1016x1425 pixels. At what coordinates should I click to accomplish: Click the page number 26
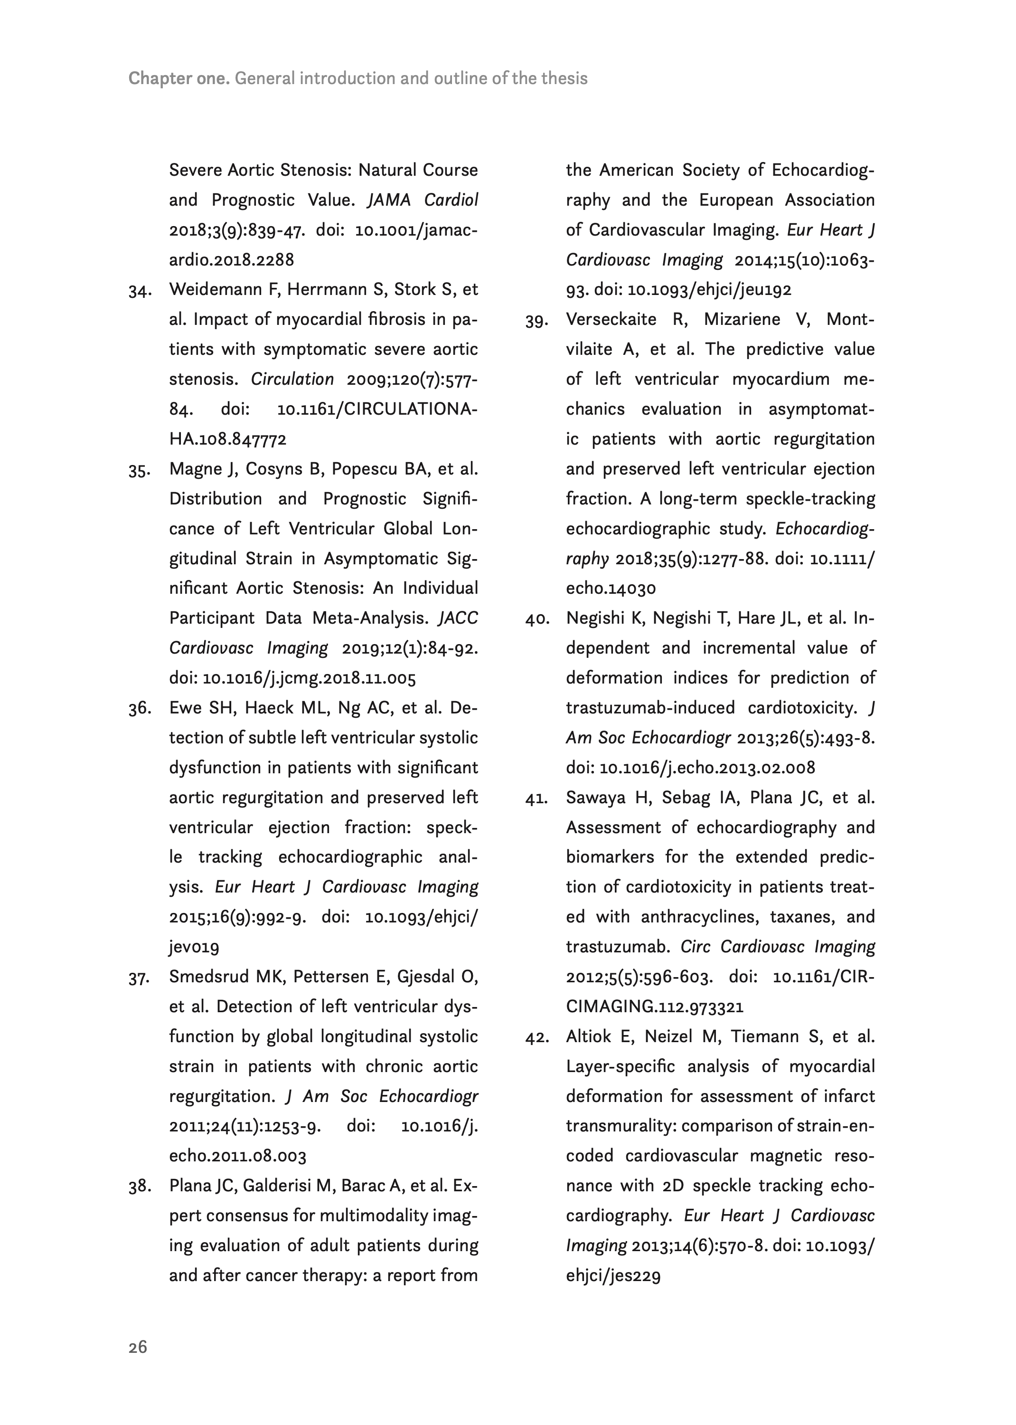tap(138, 1347)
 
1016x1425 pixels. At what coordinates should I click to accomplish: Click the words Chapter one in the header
tap(179, 78)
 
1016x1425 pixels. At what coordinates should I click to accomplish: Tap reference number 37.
tap(141, 978)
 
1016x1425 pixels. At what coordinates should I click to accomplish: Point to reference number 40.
tap(537, 619)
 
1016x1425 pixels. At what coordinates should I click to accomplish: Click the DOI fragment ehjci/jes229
tap(613, 1275)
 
